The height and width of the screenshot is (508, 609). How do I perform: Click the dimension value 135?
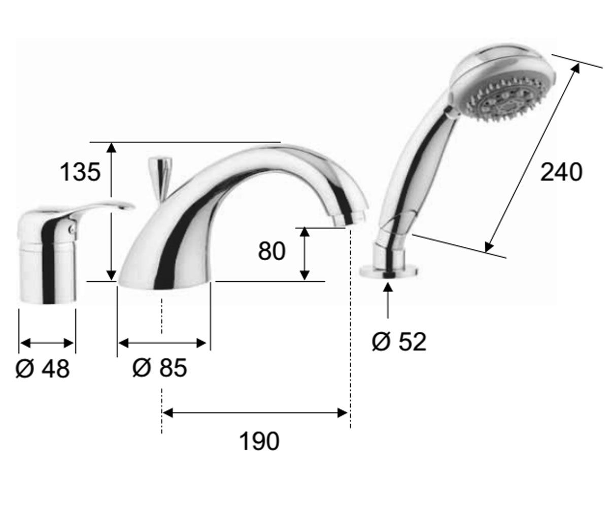click(80, 172)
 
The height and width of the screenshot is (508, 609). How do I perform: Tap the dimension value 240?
click(561, 172)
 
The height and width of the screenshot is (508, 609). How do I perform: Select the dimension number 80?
click(272, 251)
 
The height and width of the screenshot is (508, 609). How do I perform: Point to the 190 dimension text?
click(259, 441)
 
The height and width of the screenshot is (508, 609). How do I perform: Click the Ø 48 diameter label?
click(43, 369)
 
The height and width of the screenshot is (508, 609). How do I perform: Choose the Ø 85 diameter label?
click(159, 368)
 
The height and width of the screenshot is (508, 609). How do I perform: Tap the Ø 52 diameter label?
click(399, 341)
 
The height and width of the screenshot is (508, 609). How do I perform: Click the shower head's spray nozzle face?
click(506, 99)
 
